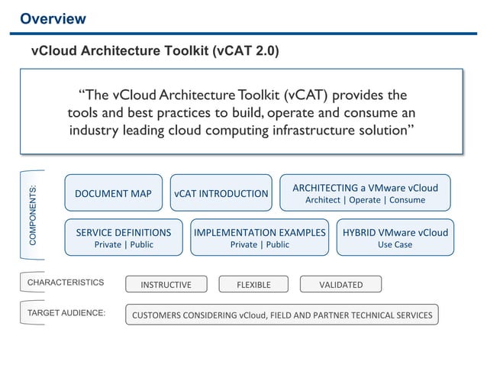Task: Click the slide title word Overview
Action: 53,18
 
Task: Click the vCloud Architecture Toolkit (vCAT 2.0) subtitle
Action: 154,52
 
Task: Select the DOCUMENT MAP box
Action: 113,193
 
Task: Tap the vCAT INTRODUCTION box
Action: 221,193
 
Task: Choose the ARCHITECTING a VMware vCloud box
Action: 365,193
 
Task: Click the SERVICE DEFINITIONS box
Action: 123,237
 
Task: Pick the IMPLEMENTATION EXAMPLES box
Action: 260,237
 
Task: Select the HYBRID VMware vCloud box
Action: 395,237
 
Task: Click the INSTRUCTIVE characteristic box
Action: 166,285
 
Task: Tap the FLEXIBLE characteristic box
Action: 253,285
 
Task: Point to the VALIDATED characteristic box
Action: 340,285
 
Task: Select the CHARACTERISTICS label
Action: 65,283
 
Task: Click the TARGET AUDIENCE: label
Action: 66,313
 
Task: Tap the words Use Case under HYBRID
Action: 395,245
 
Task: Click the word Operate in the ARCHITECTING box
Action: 365,200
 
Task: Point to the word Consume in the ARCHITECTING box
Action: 406,200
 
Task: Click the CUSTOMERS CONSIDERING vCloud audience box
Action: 282,315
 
